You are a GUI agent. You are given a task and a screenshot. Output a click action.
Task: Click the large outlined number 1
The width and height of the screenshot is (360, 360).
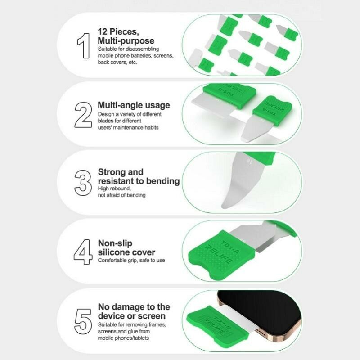pyautogui.click(x=84, y=45)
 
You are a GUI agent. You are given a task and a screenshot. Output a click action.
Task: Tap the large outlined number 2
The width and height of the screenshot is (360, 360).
pyautogui.click(x=83, y=115)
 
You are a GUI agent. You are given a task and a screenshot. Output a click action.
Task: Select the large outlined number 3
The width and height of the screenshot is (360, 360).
pyautogui.click(x=83, y=183)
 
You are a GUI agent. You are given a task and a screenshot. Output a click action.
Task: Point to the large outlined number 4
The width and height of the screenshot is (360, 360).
pyautogui.click(x=83, y=252)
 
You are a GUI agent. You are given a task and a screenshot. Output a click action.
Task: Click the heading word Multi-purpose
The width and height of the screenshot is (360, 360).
pyautogui.click(x=126, y=41)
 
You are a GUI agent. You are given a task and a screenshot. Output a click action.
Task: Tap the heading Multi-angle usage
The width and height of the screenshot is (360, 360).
pyautogui.click(x=134, y=105)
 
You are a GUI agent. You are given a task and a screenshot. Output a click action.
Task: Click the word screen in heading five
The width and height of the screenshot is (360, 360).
pyautogui.click(x=152, y=316)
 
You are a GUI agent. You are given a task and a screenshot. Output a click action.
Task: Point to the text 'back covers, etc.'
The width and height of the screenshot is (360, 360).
pyautogui.click(x=117, y=62)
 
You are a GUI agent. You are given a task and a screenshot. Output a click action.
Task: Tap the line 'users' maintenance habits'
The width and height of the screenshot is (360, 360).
pyautogui.click(x=128, y=127)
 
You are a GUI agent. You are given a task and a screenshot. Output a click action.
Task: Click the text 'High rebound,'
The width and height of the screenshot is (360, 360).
pyautogui.click(x=114, y=189)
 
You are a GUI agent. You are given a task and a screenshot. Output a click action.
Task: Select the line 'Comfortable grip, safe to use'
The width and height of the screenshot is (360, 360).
pyautogui.click(x=131, y=260)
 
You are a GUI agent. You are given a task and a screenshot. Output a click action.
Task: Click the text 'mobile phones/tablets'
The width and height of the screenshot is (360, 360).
pyautogui.click(x=123, y=338)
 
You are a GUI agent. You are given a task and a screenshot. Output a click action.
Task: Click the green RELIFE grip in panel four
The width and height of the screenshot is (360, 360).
pyautogui.click(x=221, y=254)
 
